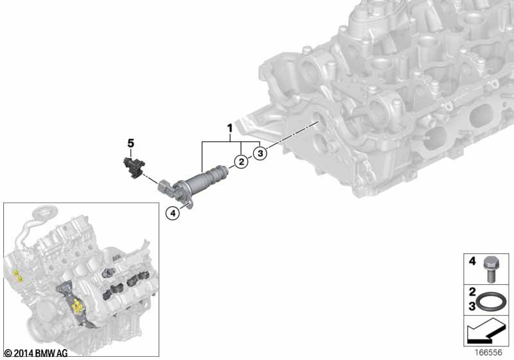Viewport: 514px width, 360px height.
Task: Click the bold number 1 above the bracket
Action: tap(230, 129)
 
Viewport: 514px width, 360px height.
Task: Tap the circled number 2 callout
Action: tap(242, 161)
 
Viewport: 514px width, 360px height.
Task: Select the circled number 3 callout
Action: tap(260, 153)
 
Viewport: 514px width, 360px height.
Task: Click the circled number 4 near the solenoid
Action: tap(173, 213)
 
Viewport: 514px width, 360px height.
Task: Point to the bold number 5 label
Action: tap(131, 143)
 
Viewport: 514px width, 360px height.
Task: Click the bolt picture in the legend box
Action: tap(490, 269)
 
